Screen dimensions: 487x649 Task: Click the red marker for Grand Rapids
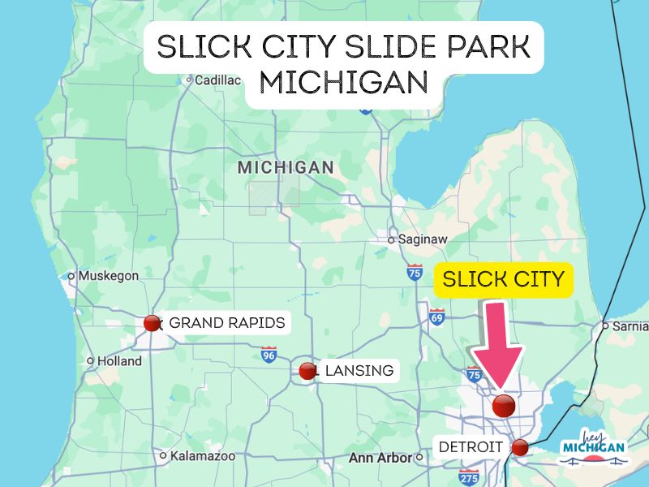(x=152, y=323)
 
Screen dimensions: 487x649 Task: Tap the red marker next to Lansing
(x=307, y=371)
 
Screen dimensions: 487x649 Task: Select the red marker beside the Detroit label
(x=520, y=446)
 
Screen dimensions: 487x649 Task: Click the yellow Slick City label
(x=504, y=281)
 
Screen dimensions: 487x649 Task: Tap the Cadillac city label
(x=218, y=80)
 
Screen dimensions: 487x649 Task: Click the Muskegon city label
(x=109, y=276)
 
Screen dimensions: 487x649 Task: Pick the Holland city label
(x=119, y=361)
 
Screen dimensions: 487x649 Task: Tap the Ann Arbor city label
(x=380, y=458)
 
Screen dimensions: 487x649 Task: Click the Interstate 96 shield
(x=269, y=354)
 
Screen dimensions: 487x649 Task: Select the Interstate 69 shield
(x=437, y=316)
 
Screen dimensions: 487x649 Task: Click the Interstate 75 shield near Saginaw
(x=415, y=272)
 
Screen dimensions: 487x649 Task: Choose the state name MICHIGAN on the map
(x=285, y=167)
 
